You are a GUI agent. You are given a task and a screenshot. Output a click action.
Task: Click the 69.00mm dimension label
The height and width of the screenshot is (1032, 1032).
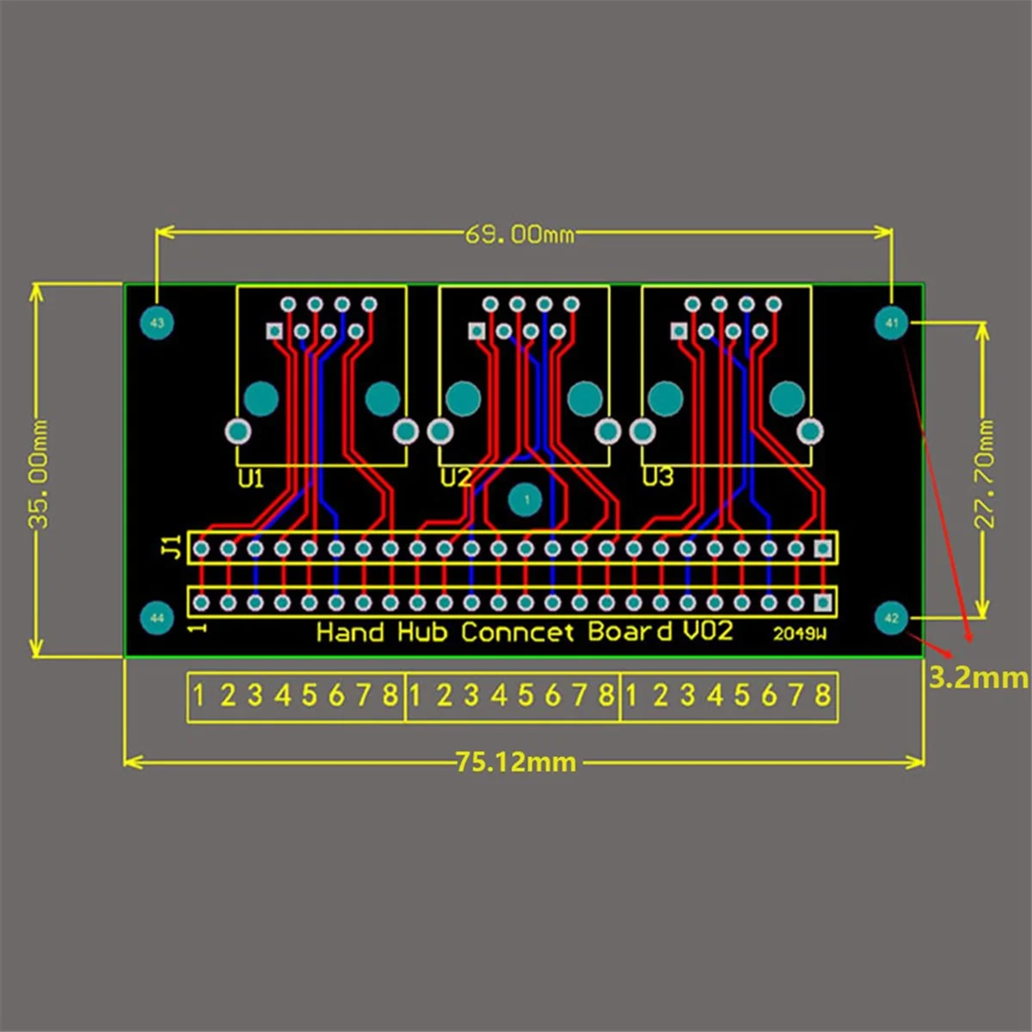519,234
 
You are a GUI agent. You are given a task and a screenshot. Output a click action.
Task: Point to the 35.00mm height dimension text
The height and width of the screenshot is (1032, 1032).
40,473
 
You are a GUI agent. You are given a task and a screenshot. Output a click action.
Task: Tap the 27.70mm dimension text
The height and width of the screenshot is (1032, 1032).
985,473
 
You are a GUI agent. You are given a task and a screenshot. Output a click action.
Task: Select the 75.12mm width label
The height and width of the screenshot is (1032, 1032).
516,762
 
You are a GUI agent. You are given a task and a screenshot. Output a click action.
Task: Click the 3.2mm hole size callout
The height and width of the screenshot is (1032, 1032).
978,678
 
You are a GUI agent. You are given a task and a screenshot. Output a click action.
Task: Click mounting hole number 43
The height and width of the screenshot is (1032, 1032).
157,323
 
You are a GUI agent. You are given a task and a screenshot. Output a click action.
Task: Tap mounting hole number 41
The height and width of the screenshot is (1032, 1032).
891,323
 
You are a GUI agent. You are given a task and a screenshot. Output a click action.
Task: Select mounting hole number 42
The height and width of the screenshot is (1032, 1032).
891,617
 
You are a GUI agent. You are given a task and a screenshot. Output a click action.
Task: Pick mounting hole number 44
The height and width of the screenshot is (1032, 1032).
157,617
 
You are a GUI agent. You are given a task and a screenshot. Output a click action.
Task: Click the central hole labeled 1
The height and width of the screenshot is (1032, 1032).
525,500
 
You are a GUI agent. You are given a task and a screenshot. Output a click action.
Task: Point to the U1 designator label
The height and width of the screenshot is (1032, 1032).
250,478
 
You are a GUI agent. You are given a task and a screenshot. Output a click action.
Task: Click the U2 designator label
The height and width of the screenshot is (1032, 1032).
455,477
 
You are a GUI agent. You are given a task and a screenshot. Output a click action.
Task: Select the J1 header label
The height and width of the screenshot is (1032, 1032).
172,546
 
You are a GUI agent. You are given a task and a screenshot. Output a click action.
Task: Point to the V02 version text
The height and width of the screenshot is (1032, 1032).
708,631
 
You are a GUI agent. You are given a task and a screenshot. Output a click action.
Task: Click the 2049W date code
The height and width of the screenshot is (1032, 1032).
799,634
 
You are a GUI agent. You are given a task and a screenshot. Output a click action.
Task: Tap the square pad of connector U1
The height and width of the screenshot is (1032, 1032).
274,331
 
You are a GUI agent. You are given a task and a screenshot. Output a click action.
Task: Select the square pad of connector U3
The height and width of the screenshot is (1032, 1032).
679,331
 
